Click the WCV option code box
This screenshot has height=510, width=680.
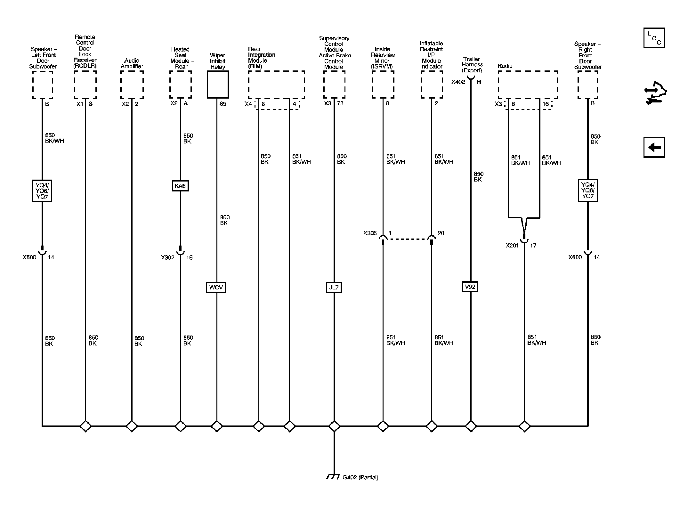pos(216,287)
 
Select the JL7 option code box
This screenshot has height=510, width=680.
pos(334,287)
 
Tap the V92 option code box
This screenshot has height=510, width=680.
pos(470,287)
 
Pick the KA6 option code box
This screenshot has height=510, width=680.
pos(180,186)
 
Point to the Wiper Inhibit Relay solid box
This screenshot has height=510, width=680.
pos(218,85)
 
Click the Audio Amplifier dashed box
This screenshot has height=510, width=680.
pos(132,85)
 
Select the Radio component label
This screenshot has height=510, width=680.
pos(505,66)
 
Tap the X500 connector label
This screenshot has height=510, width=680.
pos(29,257)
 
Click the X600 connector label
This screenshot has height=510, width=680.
pos(575,257)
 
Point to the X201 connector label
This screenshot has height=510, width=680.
pos(512,246)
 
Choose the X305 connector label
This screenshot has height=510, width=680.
pos(370,233)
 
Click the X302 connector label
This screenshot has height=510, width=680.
pos(167,257)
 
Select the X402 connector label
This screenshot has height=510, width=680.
pos(458,82)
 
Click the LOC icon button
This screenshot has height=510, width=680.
pos(654,38)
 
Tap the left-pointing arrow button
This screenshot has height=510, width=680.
pos(654,148)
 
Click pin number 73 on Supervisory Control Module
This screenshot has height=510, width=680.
pos(340,103)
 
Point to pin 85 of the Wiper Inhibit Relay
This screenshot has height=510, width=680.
pos(223,104)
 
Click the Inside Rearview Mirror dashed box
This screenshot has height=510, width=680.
pos(383,85)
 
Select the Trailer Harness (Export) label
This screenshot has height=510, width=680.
pos(472,65)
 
